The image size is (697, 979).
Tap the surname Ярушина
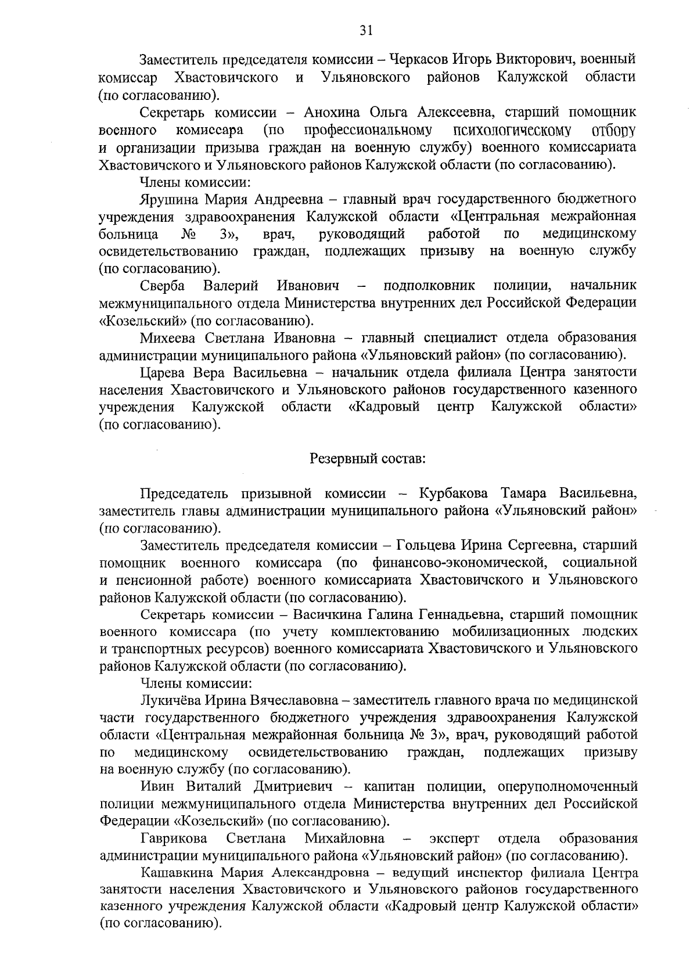[x=169, y=199]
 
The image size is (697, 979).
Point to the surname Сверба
[x=162, y=286]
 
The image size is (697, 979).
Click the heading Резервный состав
[x=368, y=459]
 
